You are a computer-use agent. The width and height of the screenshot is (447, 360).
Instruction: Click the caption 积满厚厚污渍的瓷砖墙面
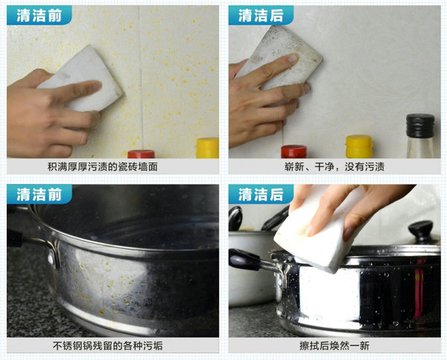click(103, 167)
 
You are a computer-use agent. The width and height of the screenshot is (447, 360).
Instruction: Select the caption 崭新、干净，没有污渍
click(335, 167)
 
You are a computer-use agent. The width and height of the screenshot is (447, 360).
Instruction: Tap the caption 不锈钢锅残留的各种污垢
click(107, 346)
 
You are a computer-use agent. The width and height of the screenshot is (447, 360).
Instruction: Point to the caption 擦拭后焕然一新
click(335, 346)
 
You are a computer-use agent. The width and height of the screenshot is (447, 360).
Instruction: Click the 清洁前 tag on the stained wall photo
click(39, 15)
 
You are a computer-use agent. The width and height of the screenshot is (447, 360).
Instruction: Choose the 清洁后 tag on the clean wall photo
click(261, 15)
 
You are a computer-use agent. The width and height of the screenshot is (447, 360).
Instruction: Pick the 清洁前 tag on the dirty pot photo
click(39, 195)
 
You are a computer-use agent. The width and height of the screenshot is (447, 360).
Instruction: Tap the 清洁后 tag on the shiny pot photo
click(261, 195)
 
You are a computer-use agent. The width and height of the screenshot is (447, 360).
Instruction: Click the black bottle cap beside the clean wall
click(420, 125)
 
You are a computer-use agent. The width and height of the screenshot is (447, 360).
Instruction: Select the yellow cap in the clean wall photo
click(359, 146)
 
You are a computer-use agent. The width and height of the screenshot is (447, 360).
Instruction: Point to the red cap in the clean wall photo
click(294, 151)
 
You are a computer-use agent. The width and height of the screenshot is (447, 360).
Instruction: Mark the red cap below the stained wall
click(141, 154)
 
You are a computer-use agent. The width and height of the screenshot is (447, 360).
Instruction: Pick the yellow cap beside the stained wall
click(208, 148)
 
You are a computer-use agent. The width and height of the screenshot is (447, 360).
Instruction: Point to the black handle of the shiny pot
click(244, 259)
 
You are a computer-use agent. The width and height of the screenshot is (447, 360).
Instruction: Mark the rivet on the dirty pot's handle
click(51, 259)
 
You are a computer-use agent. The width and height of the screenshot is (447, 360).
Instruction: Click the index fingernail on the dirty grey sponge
click(292, 58)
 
